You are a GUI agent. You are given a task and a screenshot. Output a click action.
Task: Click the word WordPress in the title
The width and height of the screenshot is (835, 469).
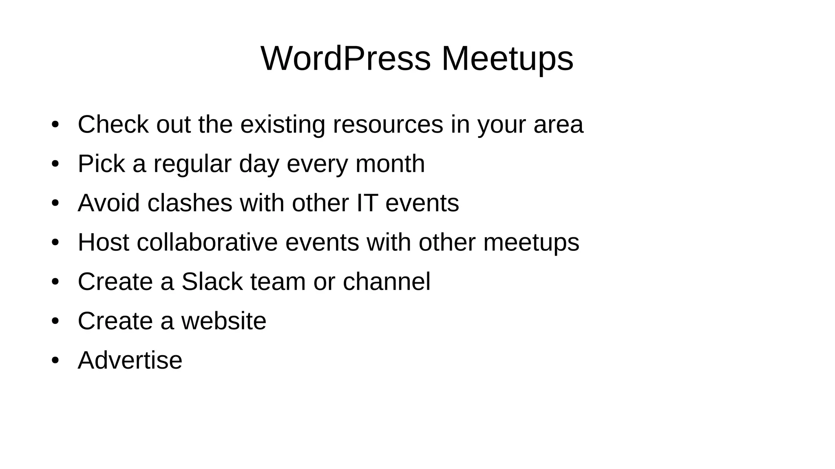(x=345, y=58)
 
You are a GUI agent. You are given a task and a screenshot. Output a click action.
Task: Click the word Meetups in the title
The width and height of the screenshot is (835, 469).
(x=507, y=58)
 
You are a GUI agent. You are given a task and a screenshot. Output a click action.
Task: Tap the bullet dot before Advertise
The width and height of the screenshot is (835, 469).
(x=55, y=360)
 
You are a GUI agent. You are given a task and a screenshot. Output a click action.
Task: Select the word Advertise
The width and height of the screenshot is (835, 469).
(x=130, y=360)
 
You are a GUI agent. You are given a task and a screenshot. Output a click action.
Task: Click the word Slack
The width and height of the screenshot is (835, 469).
(x=212, y=281)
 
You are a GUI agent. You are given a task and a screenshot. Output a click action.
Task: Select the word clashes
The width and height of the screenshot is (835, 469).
(x=190, y=203)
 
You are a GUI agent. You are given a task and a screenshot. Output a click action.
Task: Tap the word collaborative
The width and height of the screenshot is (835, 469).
(x=207, y=242)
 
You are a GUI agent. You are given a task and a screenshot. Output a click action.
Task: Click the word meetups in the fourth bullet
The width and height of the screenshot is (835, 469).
(x=531, y=242)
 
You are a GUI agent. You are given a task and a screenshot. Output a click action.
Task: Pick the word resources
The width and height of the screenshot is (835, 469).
(x=388, y=124)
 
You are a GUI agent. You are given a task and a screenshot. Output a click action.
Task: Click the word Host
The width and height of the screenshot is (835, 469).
(x=103, y=242)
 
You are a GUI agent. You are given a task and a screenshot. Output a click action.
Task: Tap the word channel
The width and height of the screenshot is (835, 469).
(x=386, y=281)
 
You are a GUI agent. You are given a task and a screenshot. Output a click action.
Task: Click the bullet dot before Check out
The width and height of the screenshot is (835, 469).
(x=55, y=124)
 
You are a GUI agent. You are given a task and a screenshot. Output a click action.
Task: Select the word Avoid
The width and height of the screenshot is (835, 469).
(x=108, y=203)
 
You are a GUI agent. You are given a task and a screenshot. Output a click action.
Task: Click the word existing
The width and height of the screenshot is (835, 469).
(x=283, y=124)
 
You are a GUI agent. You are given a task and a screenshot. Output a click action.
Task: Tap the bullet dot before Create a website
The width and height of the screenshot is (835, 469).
(x=55, y=321)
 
